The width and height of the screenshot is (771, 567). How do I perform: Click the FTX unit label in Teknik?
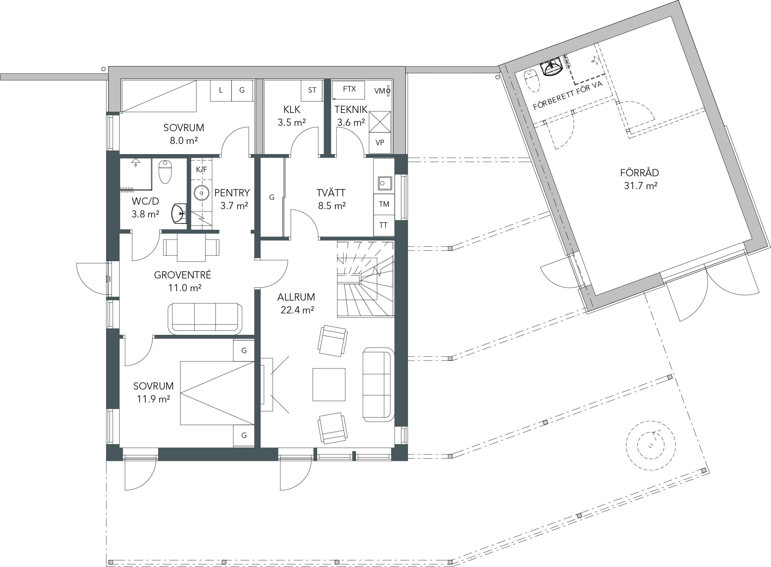[x=349, y=89]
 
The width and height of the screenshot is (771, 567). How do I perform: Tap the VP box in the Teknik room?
[x=380, y=142]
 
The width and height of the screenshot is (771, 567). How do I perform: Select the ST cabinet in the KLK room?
[x=312, y=90]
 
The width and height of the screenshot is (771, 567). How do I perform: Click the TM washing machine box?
[x=384, y=204]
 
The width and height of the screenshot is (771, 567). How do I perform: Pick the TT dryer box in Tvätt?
[x=384, y=225]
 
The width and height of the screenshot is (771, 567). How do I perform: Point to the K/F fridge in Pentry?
[x=201, y=170]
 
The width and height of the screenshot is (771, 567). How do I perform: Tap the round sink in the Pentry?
[x=202, y=193]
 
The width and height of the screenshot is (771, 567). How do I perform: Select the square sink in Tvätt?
[x=385, y=183]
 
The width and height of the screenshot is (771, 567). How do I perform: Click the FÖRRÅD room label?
[x=639, y=173]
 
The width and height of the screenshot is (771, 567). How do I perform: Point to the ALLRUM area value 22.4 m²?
[x=297, y=310]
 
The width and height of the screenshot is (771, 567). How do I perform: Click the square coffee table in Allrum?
[x=329, y=385]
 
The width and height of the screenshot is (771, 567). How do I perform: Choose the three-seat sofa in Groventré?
[x=205, y=319]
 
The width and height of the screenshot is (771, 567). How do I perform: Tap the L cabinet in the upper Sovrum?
[x=221, y=91]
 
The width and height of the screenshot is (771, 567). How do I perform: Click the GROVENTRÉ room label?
[x=183, y=275]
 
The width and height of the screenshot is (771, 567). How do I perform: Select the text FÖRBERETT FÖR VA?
[x=568, y=95]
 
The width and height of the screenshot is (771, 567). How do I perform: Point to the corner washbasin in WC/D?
[x=179, y=213]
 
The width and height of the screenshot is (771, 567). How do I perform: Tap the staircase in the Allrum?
[x=365, y=279]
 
